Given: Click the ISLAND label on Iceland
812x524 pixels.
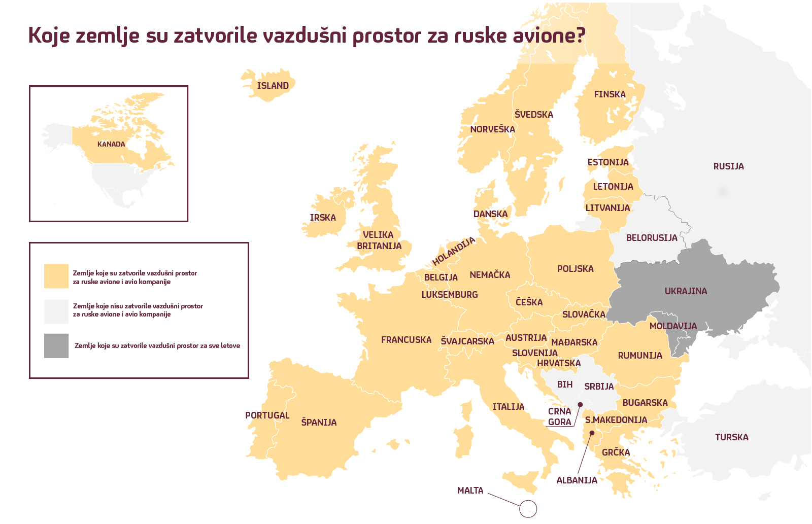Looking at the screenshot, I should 273,86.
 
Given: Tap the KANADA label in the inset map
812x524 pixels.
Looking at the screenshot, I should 111,144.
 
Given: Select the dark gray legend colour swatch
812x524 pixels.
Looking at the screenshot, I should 56,346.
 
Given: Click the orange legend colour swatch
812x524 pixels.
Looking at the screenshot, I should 56,276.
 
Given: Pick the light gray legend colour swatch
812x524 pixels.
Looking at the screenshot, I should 56,311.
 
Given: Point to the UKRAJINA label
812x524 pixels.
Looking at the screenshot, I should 686,291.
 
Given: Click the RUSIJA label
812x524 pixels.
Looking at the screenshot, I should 728,166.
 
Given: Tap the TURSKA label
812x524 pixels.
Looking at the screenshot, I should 731,437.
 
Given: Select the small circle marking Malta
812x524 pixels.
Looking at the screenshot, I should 528,508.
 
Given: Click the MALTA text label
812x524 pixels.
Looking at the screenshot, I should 470,491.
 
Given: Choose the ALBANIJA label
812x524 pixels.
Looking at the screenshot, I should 577,480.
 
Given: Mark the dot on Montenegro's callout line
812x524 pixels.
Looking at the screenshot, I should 580,404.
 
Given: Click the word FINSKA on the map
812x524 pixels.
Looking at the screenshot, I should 610,94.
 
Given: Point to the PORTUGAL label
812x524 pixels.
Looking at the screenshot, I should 267,415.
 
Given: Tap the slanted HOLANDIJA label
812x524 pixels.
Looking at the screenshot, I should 454,251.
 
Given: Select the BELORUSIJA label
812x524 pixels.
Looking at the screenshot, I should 652,238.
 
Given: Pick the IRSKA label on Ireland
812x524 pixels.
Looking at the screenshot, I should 323,218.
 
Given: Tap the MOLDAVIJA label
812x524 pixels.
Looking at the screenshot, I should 673,326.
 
